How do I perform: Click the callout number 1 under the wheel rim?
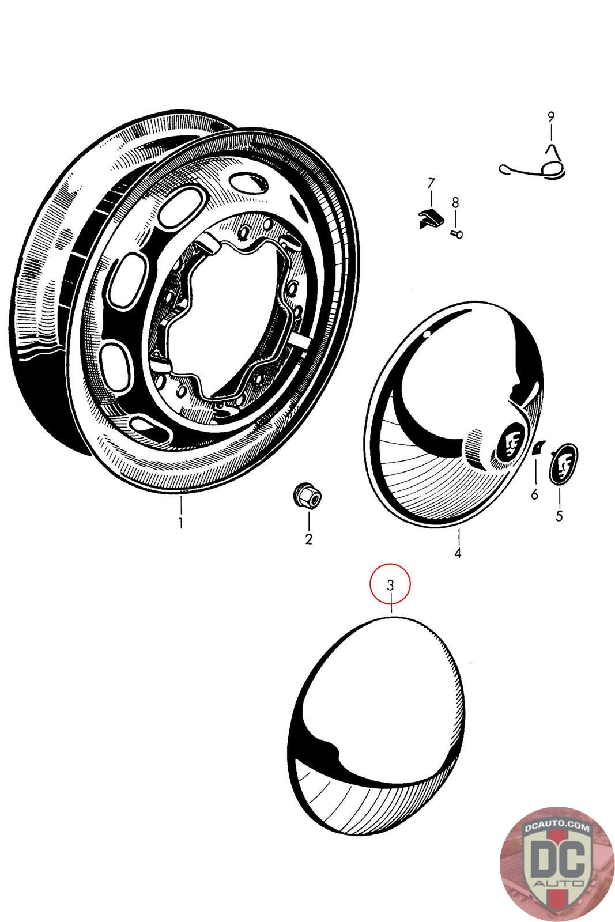pos(180,524)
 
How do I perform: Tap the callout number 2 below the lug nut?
pos(308,539)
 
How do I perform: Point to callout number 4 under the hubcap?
pos(458,553)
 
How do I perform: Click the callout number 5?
pos(559,516)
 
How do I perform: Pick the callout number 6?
pos(534,494)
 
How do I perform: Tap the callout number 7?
pos(431,184)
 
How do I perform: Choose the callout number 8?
pos(455,202)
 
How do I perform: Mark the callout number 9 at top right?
pos(551,117)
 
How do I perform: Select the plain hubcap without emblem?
pos(375,726)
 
